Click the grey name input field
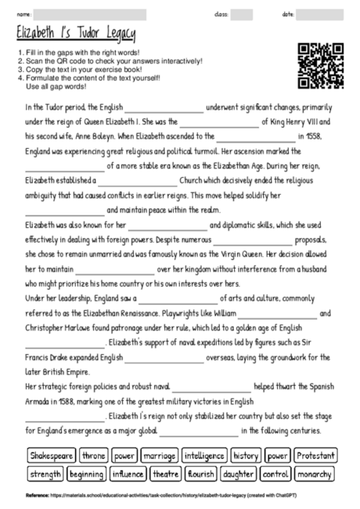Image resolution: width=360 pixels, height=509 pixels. click(x=90, y=15)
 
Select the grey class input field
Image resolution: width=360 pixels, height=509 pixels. click(x=242, y=15)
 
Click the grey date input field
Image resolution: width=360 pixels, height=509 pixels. click(x=316, y=15)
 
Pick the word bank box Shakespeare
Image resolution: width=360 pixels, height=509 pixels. click(x=51, y=454)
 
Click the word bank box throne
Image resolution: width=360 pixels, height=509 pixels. click(x=94, y=454)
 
